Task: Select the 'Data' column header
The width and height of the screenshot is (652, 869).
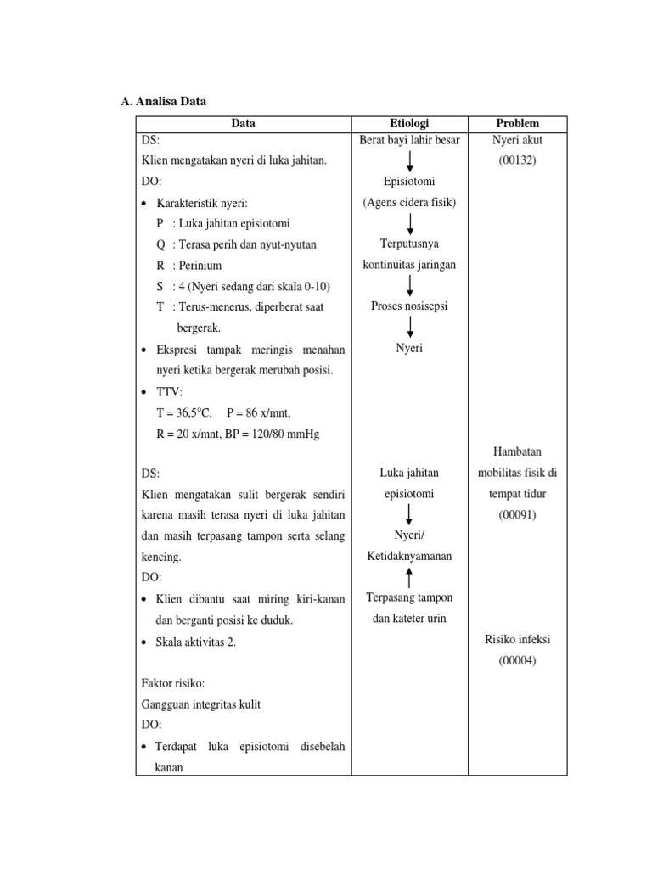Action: click(243, 124)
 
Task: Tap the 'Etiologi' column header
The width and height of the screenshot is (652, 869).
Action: click(409, 124)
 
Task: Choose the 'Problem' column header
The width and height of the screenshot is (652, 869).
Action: click(518, 124)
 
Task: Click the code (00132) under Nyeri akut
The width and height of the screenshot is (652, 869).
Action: click(518, 160)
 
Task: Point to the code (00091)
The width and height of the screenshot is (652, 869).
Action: click(518, 514)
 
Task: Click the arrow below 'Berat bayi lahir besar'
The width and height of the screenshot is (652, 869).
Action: click(410, 160)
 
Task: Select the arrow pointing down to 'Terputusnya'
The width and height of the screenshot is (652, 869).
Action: click(410, 223)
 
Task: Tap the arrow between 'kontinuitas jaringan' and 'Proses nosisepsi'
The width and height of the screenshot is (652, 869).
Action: click(410, 285)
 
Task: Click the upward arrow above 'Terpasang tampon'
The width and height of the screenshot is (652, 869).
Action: click(410, 577)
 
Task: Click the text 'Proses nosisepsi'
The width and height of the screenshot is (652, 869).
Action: click(409, 306)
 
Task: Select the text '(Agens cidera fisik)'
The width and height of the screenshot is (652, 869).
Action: click(409, 202)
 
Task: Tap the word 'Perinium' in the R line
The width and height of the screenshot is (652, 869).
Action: click(198, 266)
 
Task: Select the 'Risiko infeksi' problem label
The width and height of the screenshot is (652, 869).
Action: click(518, 640)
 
